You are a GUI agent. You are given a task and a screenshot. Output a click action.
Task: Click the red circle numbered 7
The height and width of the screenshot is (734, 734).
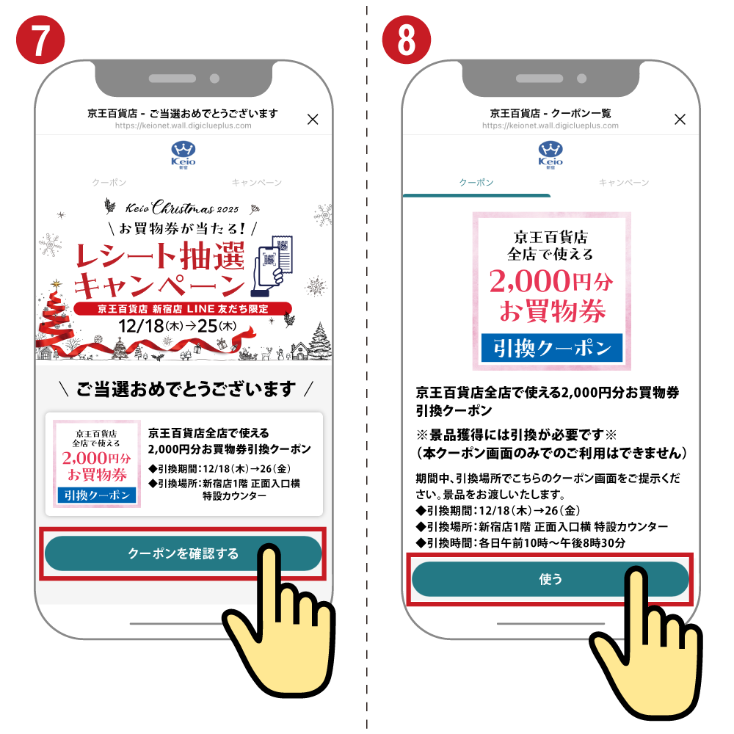[x=40, y=40]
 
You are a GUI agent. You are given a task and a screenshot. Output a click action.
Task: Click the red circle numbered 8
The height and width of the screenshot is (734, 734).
[x=407, y=40]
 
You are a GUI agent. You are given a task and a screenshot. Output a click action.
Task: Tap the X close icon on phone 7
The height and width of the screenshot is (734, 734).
[x=313, y=120]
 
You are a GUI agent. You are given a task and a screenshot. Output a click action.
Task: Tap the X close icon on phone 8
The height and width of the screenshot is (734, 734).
[x=680, y=120]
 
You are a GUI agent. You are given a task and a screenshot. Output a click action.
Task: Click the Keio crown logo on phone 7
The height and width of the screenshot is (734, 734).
[x=183, y=154]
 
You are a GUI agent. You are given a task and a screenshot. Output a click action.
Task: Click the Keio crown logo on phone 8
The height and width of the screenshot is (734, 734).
[x=550, y=154]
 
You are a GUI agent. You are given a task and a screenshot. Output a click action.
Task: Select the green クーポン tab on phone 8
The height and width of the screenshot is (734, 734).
[x=476, y=183]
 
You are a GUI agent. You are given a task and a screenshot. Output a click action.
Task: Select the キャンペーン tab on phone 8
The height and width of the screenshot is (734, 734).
[x=624, y=183]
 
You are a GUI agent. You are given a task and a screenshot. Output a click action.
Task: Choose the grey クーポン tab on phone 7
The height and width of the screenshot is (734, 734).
[x=109, y=183]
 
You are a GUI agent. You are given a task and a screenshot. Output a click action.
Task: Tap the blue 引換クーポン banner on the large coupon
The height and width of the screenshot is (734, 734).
[x=552, y=348]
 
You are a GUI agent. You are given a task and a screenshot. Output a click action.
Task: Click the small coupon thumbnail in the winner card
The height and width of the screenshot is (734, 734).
[x=97, y=464]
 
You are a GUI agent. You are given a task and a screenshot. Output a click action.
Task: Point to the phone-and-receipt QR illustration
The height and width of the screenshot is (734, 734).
[x=272, y=266]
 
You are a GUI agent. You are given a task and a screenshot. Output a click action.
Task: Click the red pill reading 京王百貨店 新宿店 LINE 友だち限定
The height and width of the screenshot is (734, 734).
[x=183, y=309]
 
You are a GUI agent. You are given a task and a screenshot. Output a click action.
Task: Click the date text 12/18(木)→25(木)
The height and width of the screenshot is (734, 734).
[x=177, y=326]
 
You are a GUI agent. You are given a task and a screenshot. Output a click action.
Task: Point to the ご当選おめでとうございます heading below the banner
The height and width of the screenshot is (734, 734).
[x=186, y=389]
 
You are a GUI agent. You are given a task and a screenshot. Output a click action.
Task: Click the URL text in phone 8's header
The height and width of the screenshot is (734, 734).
[x=550, y=126]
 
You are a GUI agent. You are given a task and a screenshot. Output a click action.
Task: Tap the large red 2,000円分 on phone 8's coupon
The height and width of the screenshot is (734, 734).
[x=551, y=281]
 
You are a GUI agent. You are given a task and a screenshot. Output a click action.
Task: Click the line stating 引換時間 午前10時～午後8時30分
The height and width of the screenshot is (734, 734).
[x=520, y=543]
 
